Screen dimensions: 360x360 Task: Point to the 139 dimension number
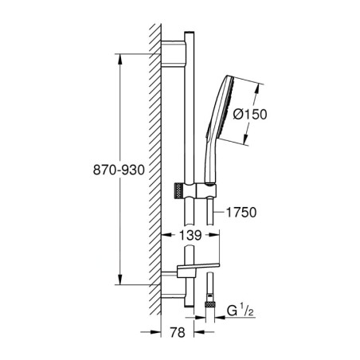pyautogui.click(x=189, y=236)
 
